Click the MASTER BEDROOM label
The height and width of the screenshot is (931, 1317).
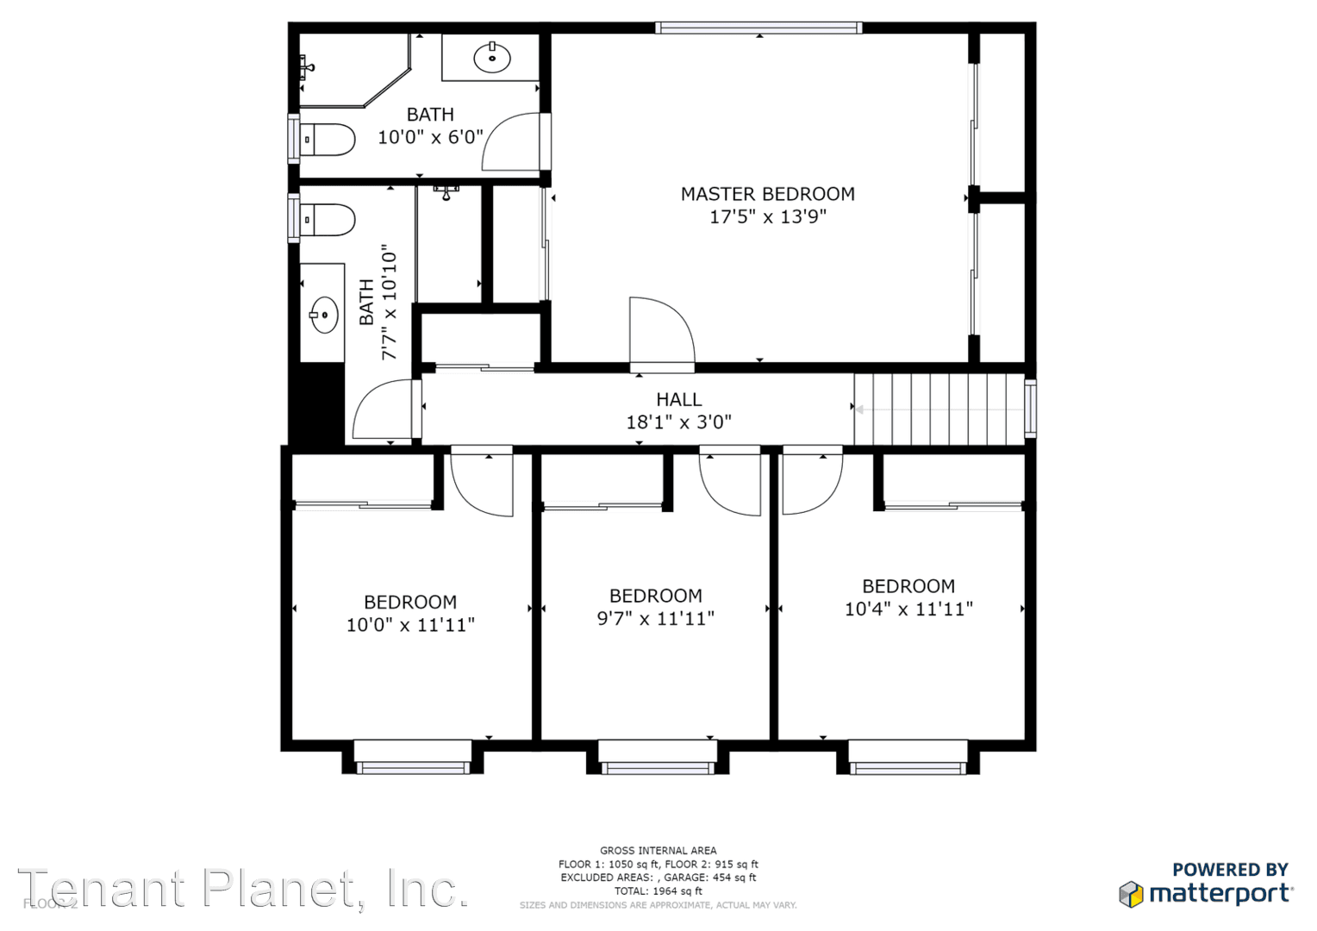pyautogui.click(x=767, y=194)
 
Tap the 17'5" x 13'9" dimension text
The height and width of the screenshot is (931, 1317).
pyautogui.click(x=767, y=216)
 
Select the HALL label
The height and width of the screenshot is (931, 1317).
pyautogui.click(x=678, y=399)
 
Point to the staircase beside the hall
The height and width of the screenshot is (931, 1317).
pyautogui.click(x=939, y=409)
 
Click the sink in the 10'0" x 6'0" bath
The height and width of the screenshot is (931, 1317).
pyautogui.click(x=492, y=58)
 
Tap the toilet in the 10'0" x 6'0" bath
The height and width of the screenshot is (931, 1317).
pyautogui.click(x=328, y=140)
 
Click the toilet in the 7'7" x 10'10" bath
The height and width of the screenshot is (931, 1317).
pyautogui.click(x=328, y=220)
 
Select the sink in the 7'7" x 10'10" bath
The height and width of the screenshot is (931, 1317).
pyautogui.click(x=324, y=315)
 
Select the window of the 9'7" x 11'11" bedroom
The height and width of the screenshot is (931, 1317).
pyautogui.click(x=658, y=759)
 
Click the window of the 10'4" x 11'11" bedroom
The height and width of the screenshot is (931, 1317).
pyautogui.click(x=907, y=759)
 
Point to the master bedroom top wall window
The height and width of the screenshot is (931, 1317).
pyautogui.click(x=758, y=28)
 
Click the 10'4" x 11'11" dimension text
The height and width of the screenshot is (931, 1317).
pyautogui.click(x=908, y=609)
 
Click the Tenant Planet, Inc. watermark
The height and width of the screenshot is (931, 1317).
pyautogui.click(x=243, y=889)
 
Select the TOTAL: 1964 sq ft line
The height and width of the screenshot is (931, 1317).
pyautogui.click(x=658, y=891)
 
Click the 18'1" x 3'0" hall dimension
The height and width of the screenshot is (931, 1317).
pyautogui.click(x=678, y=422)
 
